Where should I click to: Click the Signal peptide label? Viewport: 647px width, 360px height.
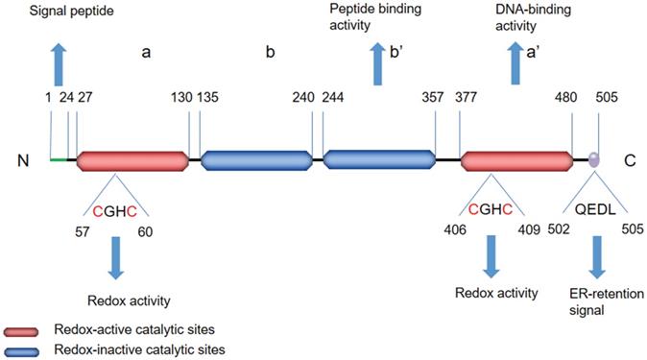[x=71, y=11]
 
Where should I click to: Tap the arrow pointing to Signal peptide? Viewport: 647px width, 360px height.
[x=59, y=63]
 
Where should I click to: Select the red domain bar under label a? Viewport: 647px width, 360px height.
[x=132, y=160]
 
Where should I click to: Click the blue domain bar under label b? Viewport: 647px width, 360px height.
[x=256, y=160]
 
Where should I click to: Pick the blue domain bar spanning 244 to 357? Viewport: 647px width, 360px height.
[x=379, y=159]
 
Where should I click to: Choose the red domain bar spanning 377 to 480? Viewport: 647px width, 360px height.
[x=516, y=161]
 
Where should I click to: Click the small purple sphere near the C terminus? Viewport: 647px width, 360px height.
[x=594, y=159]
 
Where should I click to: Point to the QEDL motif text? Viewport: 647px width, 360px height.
[x=595, y=209]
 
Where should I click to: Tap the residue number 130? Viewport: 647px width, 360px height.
[x=181, y=97]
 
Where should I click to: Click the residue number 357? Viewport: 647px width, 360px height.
[x=432, y=97]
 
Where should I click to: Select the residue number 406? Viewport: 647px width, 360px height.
[x=455, y=229]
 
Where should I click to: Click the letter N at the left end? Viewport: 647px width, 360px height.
[x=23, y=160]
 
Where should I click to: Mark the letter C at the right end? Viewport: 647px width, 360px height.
[x=630, y=160]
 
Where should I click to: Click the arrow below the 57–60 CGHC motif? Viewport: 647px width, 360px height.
[x=116, y=257]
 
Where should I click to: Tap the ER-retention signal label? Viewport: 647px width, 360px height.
[x=606, y=301]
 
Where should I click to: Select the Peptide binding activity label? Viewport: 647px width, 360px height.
[x=375, y=17]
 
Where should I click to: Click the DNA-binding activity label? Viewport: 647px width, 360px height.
[x=533, y=17]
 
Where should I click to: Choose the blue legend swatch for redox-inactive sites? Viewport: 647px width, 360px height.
[x=21, y=351]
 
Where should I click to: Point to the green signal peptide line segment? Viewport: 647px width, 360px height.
[x=59, y=159]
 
